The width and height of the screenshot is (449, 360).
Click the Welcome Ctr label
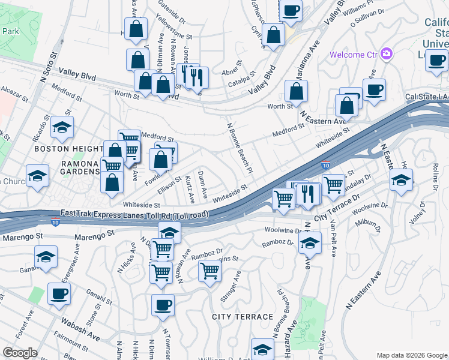pos(354,55)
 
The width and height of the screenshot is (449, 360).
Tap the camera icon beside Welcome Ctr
pos(386,55)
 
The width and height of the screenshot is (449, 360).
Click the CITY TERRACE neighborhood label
pos(242,316)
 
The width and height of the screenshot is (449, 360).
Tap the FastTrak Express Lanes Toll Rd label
pos(134,214)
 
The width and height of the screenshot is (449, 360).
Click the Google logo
pos(20,352)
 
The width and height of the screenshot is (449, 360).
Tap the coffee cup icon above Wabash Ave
pos(59,293)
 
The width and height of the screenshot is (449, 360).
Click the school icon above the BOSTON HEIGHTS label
pos(62,127)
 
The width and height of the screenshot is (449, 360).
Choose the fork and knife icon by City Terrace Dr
pos(307,193)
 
